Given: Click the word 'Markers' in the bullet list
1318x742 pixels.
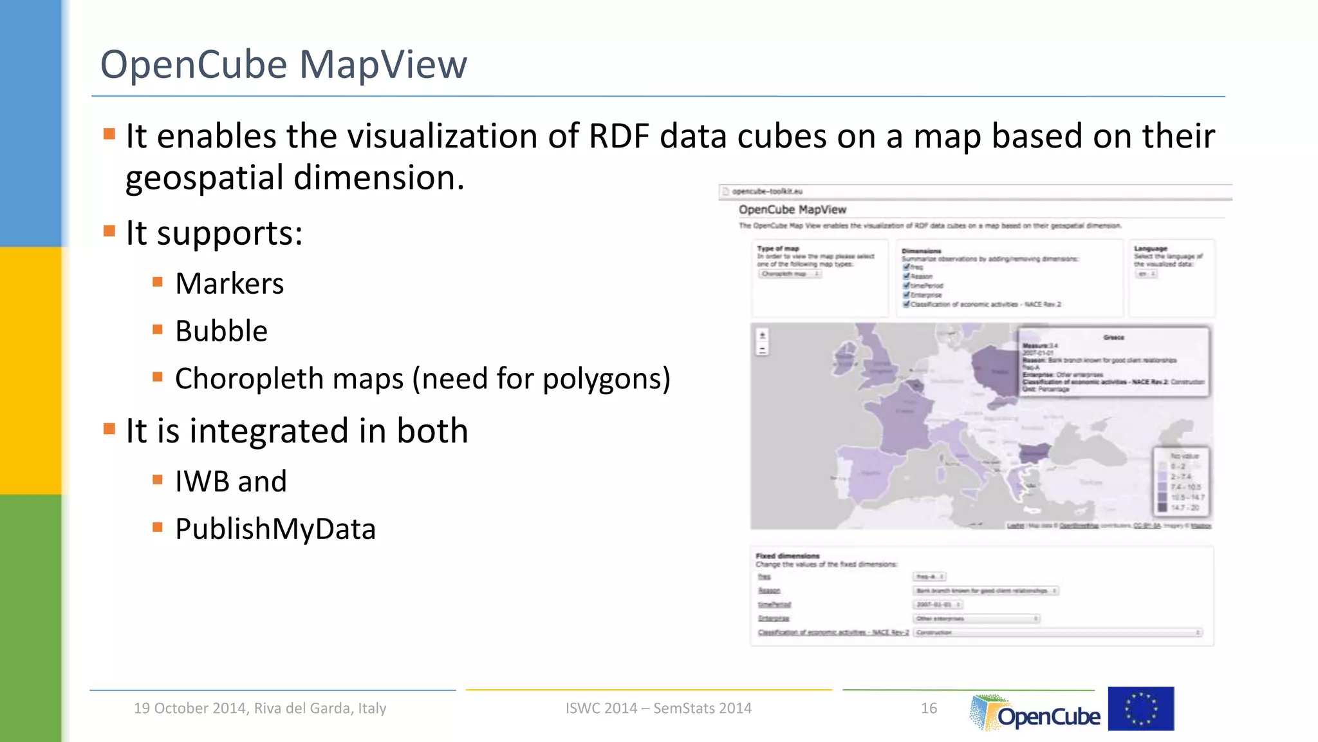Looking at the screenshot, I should coord(229,284).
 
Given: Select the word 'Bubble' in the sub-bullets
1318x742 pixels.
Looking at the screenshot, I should coord(221,332).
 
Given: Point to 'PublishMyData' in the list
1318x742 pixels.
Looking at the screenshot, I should coord(275,529).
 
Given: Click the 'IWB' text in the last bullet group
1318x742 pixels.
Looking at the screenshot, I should coord(198,482).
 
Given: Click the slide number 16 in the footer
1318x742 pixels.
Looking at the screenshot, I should coord(929,709).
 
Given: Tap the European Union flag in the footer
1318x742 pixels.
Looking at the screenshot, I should coord(1140,709).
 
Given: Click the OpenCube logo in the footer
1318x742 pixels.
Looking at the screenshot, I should coord(1036,713).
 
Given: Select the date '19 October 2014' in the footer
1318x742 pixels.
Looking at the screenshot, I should coord(190,709).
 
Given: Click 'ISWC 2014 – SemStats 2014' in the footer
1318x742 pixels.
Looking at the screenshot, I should coord(658,709).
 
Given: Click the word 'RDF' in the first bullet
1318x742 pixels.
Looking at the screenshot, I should coord(618,137).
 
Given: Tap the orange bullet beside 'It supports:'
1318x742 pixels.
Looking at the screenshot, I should coord(109,231).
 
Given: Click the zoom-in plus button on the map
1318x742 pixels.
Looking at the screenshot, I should coord(763,336).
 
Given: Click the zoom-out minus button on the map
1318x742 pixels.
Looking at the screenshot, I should coord(763,350).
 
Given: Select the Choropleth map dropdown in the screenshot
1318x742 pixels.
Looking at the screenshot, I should coord(790,274).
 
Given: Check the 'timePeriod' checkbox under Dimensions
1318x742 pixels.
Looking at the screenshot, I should coord(906,285).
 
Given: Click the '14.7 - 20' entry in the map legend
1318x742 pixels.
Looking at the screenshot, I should coord(1184,508).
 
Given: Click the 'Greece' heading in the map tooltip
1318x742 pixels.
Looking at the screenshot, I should coord(1113,338).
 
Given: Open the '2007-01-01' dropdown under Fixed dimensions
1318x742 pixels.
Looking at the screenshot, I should coord(938,605).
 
